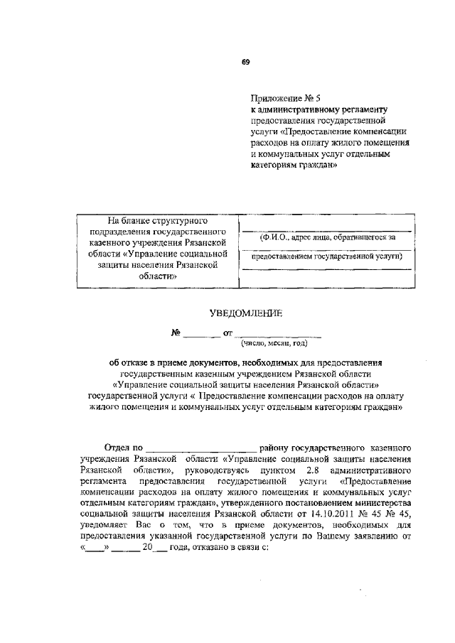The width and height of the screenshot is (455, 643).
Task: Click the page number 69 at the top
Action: [x=245, y=63]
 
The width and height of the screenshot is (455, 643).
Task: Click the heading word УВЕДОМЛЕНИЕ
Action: [x=245, y=312]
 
